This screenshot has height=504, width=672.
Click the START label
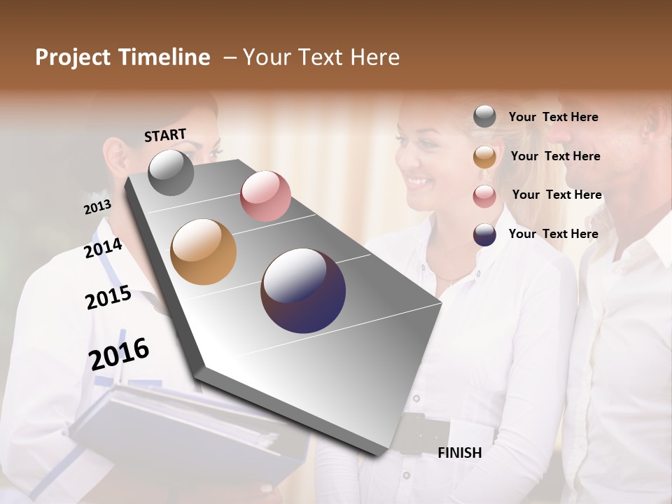pyautogui.click(x=165, y=135)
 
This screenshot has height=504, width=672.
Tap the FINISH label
pyautogui.click(x=459, y=453)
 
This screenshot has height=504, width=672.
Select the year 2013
pyautogui.click(x=97, y=207)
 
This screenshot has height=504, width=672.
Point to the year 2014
pyautogui.click(x=103, y=248)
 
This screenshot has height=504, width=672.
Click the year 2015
pyautogui.click(x=108, y=297)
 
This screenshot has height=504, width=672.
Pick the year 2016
pyautogui.click(x=118, y=353)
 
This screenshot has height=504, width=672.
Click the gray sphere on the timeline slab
pyautogui.click(x=171, y=172)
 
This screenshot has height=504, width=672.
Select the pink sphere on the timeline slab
pyautogui.click(x=265, y=195)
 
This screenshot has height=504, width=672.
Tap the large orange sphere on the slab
pyautogui.click(x=203, y=251)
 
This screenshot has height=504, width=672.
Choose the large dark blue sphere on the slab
pyautogui.click(x=303, y=290)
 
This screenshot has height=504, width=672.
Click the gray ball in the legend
pyautogui.click(x=484, y=117)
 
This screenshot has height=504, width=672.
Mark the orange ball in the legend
pyautogui.click(x=484, y=157)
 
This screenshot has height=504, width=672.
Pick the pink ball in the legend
pyautogui.click(x=484, y=195)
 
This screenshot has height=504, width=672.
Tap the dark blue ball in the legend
pyautogui.click(x=484, y=234)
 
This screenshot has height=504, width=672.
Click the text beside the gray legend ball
pyautogui.click(x=553, y=117)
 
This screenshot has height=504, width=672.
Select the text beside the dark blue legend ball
pyautogui.click(x=553, y=234)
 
